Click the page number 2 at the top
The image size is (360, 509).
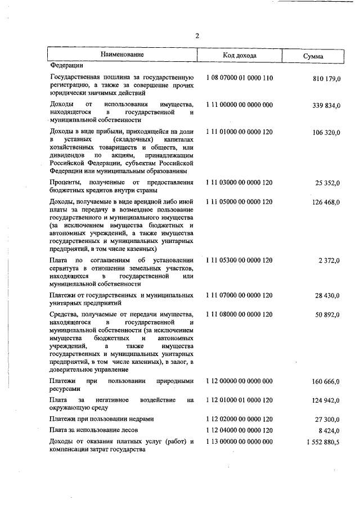tap(197, 36)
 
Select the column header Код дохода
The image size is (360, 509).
tap(239, 56)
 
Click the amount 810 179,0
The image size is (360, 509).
tap(326, 79)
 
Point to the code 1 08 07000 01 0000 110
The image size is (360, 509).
tap(239, 78)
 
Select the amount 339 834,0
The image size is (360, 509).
tap(326, 105)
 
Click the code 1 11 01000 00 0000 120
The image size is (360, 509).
tap(239, 132)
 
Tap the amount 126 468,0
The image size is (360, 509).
tap(326, 202)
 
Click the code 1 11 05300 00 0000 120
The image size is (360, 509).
tap(239, 260)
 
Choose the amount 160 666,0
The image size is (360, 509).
tap(326, 382)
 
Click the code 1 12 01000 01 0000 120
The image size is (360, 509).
tap(239, 400)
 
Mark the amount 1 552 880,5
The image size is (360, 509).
tap(323, 443)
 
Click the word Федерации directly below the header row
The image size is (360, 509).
tap(66, 65)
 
